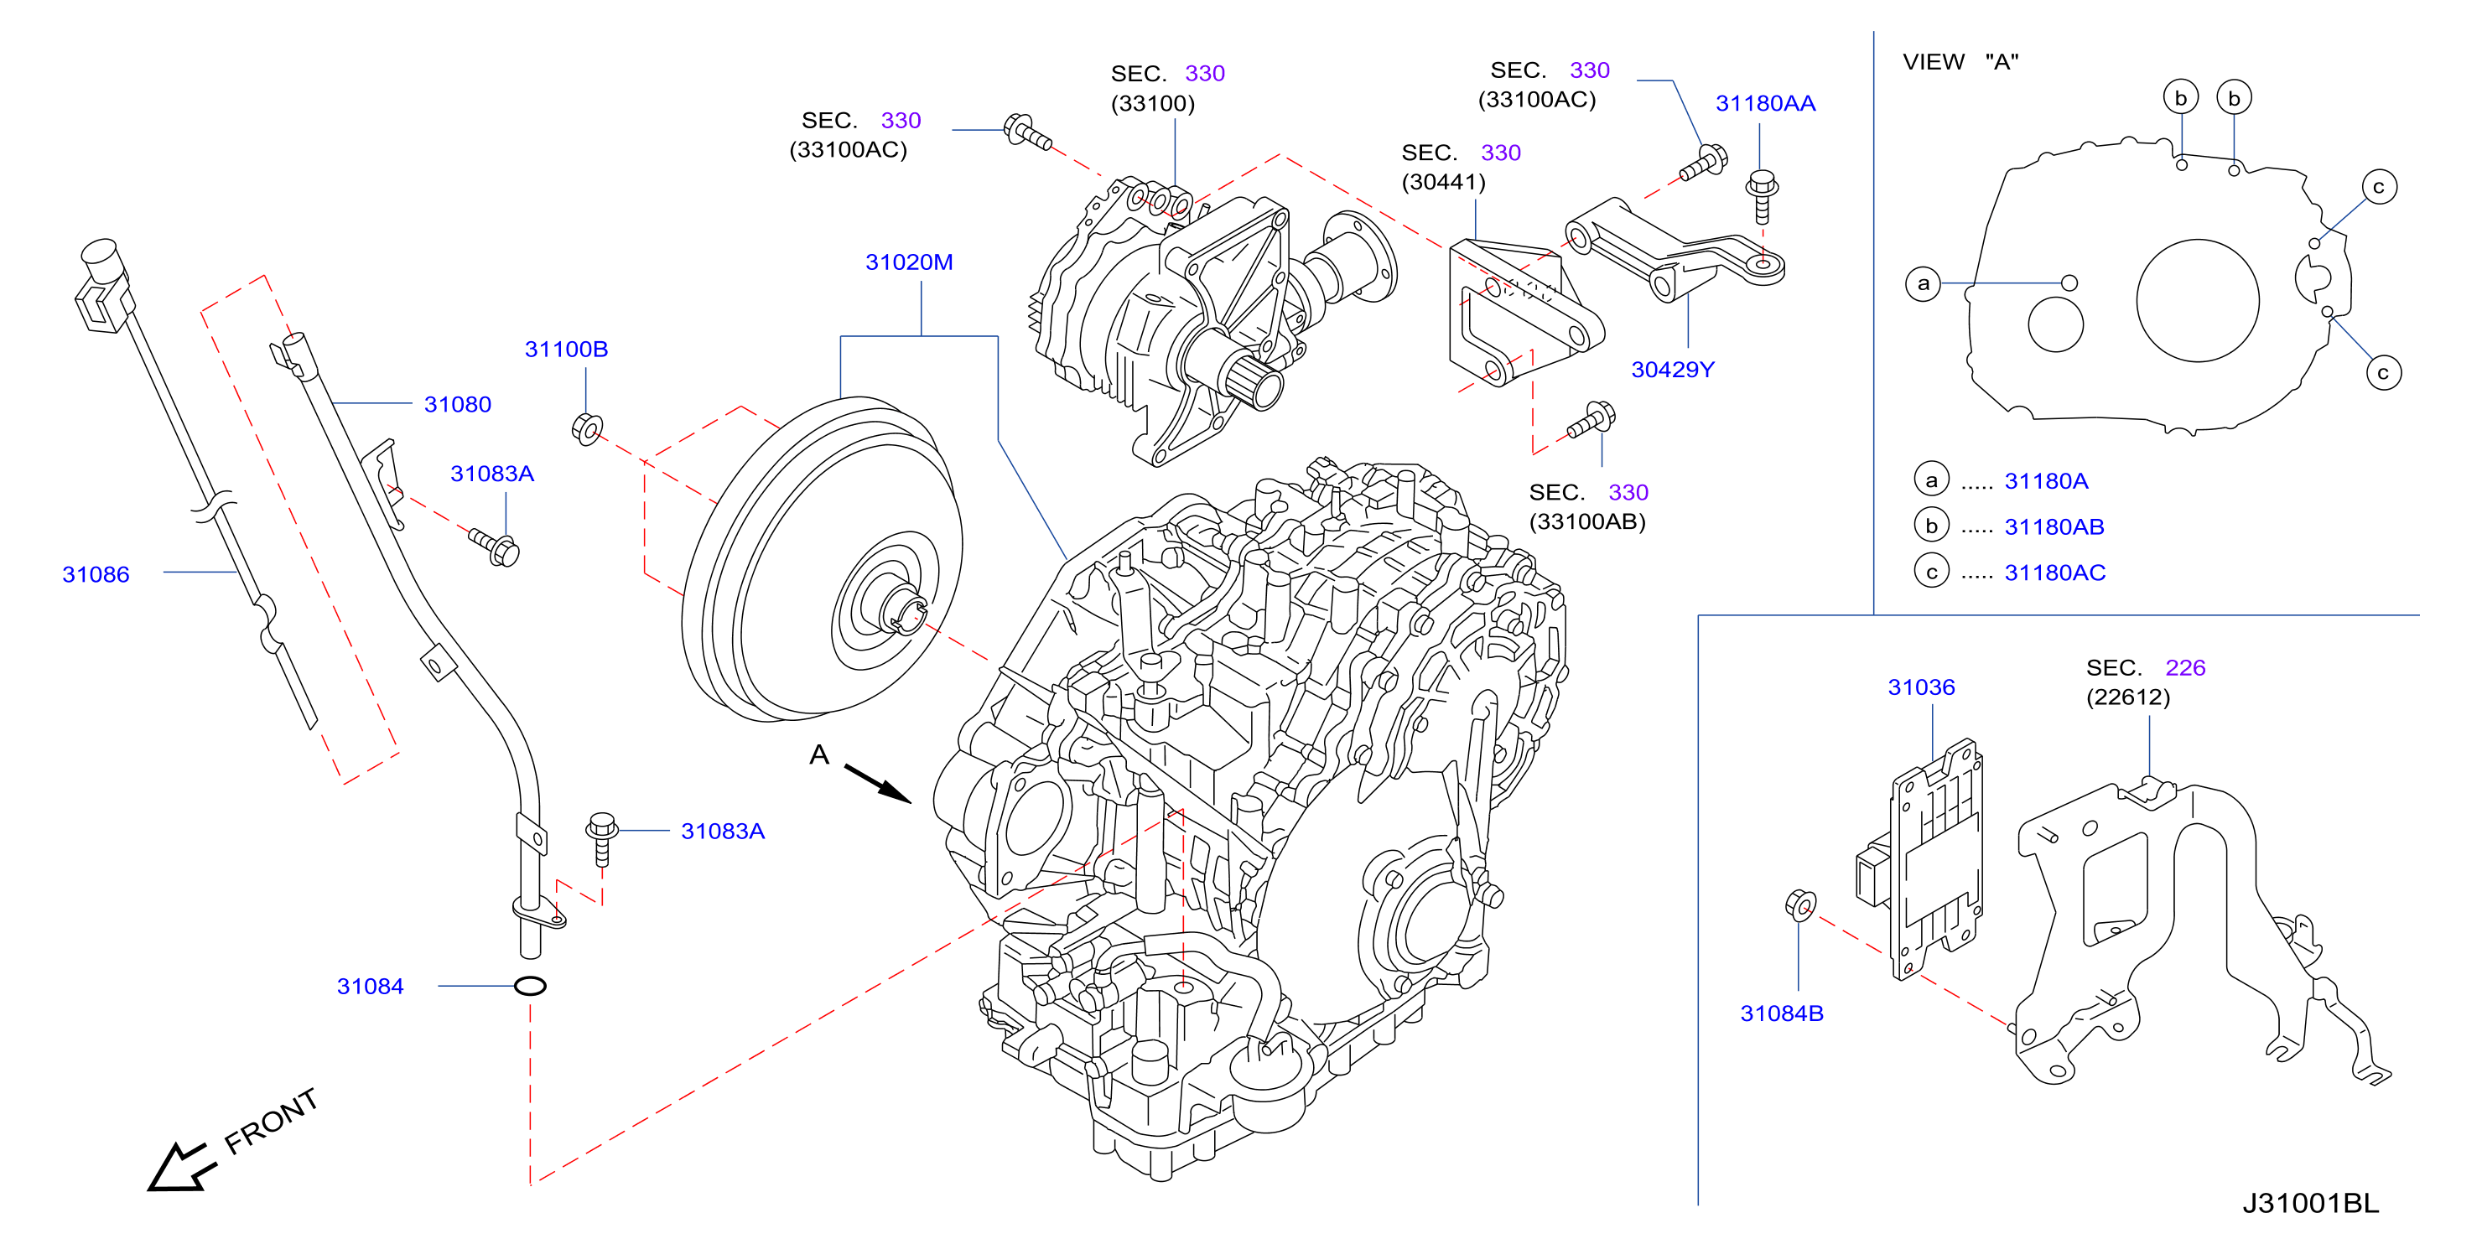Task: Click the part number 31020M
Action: point(909,262)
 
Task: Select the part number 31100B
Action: point(566,349)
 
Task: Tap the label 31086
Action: point(96,574)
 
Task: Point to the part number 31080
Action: point(458,405)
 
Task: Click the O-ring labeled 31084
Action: point(530,986)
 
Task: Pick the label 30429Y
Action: point(1673,369)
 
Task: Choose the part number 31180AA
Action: point(1765,103)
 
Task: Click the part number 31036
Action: point(1921,687)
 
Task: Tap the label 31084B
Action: point(1782,1013)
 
